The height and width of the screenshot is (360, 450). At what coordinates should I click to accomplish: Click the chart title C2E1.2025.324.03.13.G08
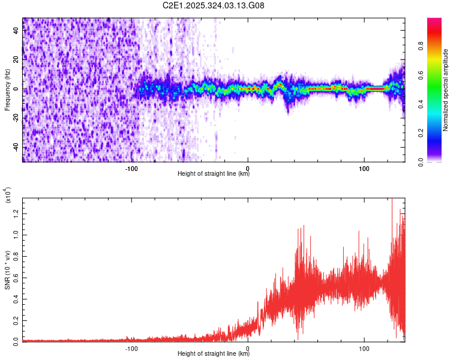[x=214, y=6]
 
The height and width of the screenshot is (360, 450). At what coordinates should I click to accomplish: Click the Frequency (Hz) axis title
[x=7, y=89]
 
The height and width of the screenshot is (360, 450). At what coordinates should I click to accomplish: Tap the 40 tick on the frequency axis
[x=16, y=31]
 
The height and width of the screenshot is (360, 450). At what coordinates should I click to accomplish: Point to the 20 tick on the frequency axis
[x=16, y=60]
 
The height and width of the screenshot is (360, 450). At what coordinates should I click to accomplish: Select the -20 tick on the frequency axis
[x=16, y=118]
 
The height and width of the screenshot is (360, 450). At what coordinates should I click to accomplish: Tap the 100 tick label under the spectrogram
[x=364, y=167]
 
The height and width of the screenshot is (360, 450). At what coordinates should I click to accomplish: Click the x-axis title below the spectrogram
[x=214, y=174]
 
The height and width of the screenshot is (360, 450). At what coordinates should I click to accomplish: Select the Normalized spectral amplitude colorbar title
[x=446, y=90]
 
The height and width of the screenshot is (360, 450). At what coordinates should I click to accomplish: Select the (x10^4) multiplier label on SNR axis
[x=7, y=196]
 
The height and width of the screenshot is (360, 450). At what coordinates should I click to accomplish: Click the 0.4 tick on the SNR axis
[x=16, y=298]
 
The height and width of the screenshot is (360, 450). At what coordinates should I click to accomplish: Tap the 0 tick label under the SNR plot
[x=248, y=348]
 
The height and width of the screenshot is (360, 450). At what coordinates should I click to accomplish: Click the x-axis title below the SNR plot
[x=214, y=354]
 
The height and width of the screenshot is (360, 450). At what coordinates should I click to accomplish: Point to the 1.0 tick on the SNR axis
[x=16, y=233]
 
